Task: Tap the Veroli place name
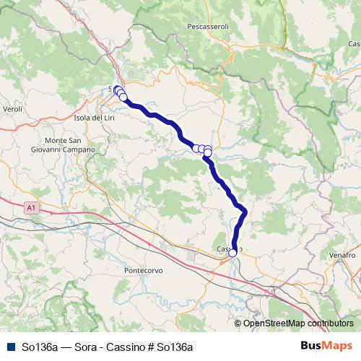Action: (x=13, y=108)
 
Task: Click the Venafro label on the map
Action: (x=341, y=256)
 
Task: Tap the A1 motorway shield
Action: (x=30, y=207)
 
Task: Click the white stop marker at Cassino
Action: (x=232, y=253)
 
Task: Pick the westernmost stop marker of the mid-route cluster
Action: (x=196, y=148)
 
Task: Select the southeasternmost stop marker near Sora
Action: (x=123, y=97)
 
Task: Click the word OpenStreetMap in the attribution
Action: (x=276, y=323)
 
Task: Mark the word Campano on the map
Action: (x=79, y=149)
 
